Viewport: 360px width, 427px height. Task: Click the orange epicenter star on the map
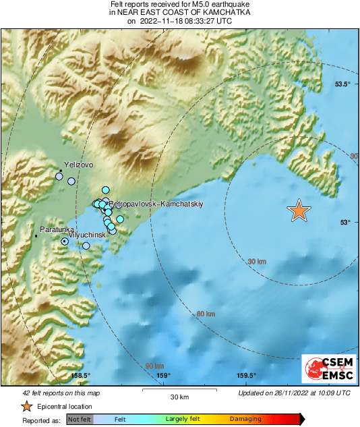click(299, 211)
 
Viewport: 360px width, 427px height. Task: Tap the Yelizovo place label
click(78, 165)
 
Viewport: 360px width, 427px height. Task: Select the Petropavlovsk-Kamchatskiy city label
click(156, 203)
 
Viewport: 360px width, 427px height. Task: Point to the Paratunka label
click(56, 230)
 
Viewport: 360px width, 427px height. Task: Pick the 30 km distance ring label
click(257, 261)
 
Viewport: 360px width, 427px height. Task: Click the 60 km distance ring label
click(206, 314)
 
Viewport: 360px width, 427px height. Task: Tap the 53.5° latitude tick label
click(343, 84)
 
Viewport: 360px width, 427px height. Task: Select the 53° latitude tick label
click(344, 222)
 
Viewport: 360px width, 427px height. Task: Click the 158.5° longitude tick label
click(80, 376)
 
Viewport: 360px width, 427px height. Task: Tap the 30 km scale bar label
click(179, 396)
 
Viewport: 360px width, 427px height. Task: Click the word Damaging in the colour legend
click(245, 420)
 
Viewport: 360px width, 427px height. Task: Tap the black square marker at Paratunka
click(36, 236)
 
